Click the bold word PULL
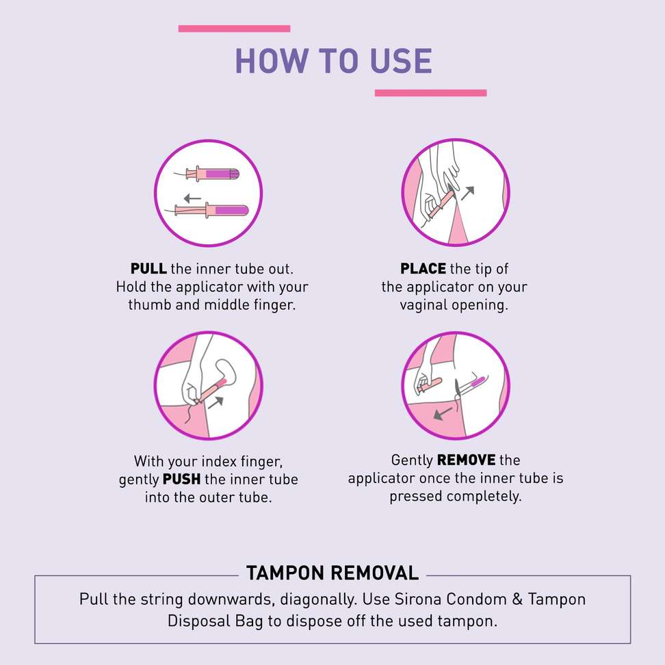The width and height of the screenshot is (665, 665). [x=148, y=268]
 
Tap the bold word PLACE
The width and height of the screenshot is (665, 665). [x=423, y=268]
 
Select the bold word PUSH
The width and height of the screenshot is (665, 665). [x=181, y=479]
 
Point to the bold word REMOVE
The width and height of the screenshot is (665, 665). [x=466, y=460]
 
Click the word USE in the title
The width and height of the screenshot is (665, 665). [x=401, y=61]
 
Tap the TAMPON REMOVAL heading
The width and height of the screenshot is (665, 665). [x=332, y=573]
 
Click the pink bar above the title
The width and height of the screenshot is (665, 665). [x=234, y=29]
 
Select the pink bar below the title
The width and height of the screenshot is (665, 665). [x=430, y=93]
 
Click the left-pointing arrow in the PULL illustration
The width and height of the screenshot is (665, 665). [x=192, y=198]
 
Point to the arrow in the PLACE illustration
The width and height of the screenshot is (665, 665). [x=467, y=193]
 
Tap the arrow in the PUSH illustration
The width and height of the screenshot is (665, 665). [x=216, y=402]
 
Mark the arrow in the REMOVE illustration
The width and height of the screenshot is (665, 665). [x=443, y=413]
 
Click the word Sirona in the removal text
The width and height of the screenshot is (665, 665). [x=418, y=599]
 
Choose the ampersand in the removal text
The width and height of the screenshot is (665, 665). [x=517, y=599]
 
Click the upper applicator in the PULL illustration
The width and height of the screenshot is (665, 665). [x=207, y=174]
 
